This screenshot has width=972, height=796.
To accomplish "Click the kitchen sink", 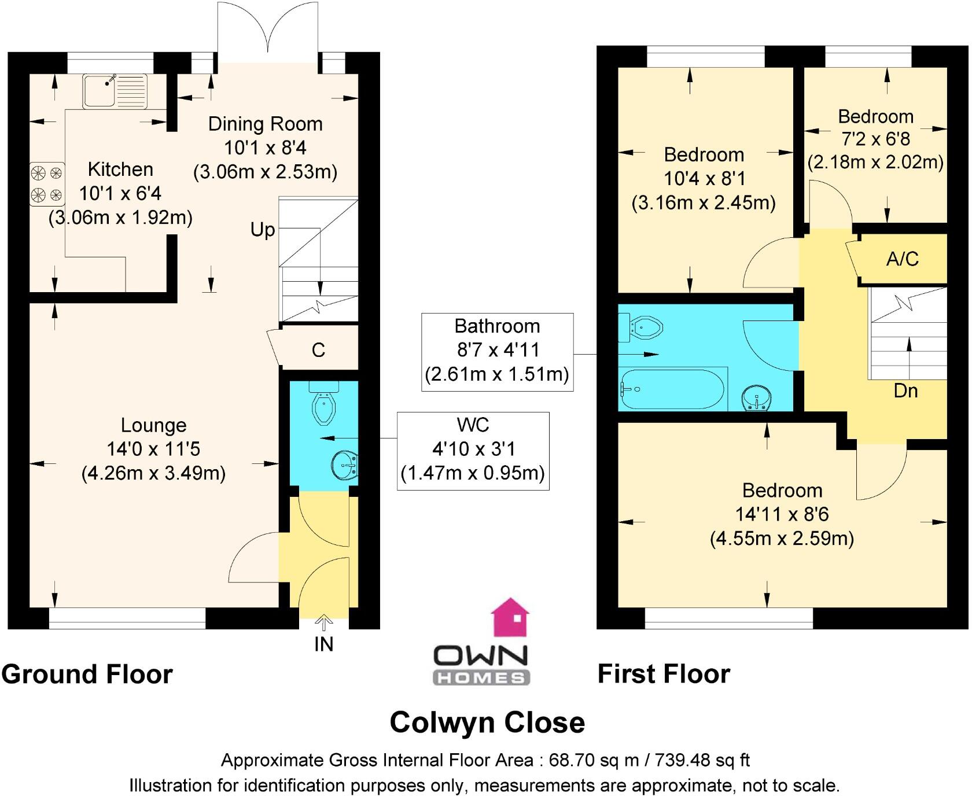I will [115, 91].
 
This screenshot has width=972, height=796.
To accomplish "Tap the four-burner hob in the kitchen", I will [47, 183].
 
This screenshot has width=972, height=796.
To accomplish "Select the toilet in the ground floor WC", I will [323, 404].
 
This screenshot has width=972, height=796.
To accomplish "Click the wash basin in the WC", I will [345, 465].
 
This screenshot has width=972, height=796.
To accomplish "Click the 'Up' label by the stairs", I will [262, 230].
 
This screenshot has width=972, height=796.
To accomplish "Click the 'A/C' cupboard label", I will [902, 259].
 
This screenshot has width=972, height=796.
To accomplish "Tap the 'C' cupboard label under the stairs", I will [318, 350].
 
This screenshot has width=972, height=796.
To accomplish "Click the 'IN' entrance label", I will [323, 644].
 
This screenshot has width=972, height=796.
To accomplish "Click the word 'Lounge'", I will [153, 425].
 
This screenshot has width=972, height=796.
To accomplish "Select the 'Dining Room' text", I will [265, 124].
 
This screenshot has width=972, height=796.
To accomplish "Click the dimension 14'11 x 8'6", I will [782, 514].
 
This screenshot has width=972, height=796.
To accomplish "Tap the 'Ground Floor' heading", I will [87, 675].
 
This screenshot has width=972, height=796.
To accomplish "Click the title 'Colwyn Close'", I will [487, 722].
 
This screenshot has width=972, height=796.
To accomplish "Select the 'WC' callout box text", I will [473, 425].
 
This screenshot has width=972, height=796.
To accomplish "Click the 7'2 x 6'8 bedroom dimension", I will [875, 139].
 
